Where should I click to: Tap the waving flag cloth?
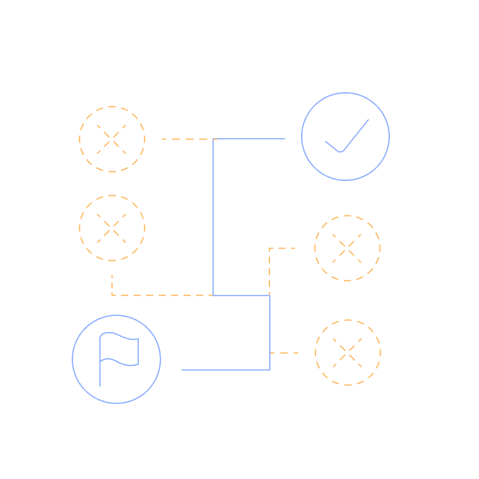[x=121, y=350]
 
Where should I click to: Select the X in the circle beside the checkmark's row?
[x=112, y=139]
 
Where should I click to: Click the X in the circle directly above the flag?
[x=112, y=228]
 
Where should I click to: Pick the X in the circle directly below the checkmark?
[x=347, y=248]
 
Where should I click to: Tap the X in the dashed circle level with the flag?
[x=348, y=352]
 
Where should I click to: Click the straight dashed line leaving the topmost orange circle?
[x=187, y=139]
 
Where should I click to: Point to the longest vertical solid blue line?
[x=213, y=219]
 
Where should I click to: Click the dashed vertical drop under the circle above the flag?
[x=112, y=284]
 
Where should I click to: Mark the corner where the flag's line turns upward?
[x=269, y=370]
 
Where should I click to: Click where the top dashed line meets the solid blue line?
[x=213, y=139]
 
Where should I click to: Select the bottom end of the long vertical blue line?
[x=213, y=295]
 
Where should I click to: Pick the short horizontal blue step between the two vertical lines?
[x=241, y=296]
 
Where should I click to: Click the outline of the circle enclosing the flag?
[x=72, y=359]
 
